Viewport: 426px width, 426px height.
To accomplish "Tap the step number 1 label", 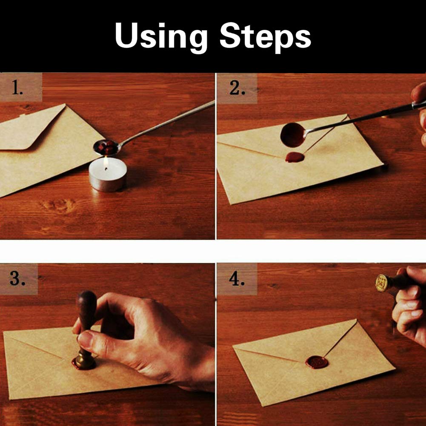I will coord(17,88).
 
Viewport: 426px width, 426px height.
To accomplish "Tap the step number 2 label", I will coord(237,88).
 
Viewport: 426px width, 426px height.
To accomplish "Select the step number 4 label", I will coord(237,279).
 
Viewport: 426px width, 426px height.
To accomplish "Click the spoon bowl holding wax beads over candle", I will coord(106,147).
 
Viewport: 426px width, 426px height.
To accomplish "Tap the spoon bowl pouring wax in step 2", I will coord(292,135).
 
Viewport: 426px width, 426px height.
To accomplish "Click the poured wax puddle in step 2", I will coord(294,157).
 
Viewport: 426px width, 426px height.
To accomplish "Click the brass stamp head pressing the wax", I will coord(85,360).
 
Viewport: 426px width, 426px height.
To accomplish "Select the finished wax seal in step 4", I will coord(317,362).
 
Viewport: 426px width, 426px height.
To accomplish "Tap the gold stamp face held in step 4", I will coord(381,283).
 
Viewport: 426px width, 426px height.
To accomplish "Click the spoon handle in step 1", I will coord(170,121).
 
